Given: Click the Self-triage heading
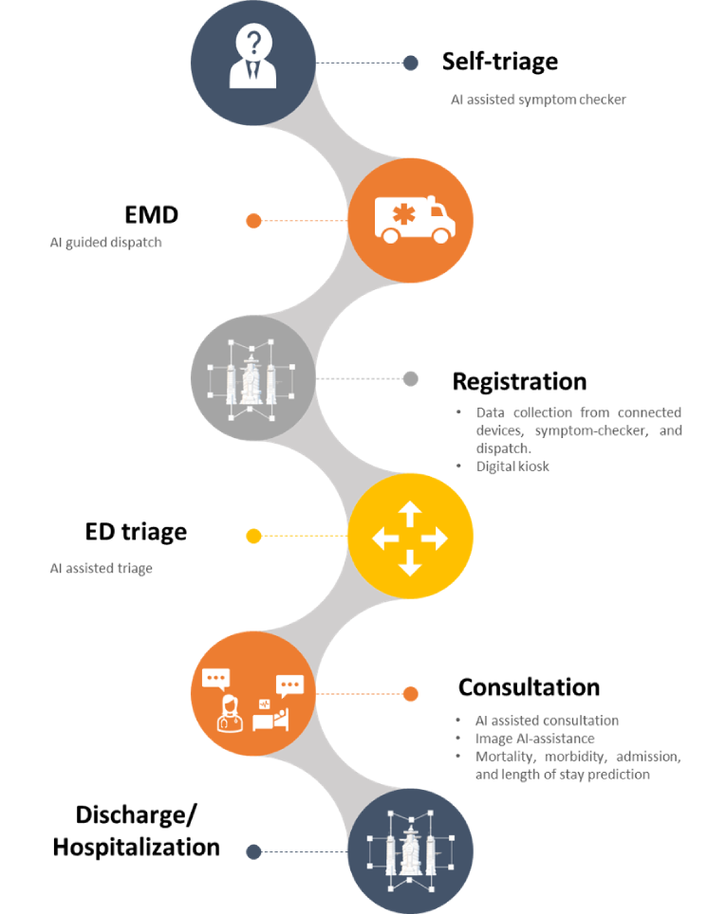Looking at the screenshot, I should [x=499, y=62].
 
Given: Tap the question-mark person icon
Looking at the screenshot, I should [x=253, y=62].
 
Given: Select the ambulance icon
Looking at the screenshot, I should [x=410, y=220].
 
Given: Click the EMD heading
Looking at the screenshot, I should [x=151, y=215].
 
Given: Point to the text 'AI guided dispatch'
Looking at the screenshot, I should [x=105, y=243].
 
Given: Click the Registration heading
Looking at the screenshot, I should [x=519, y=381].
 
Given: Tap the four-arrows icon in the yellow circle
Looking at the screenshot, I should [x=410, y=539].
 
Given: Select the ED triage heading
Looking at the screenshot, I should [x=136, y=532].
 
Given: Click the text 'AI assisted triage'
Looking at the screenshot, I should [x=102, y=569].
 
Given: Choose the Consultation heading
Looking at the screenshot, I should [x=529, y=687].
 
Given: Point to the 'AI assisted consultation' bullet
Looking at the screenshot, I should [x=547, y=721].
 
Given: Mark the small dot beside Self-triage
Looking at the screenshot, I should [x=411, y=63].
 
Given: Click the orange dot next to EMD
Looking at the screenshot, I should [x=253, y=221].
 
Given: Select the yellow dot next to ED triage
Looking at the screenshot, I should [x=253, y=537].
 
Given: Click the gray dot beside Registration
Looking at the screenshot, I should [x=411, y=378].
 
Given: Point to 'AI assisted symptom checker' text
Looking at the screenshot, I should [x=538, y=100].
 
